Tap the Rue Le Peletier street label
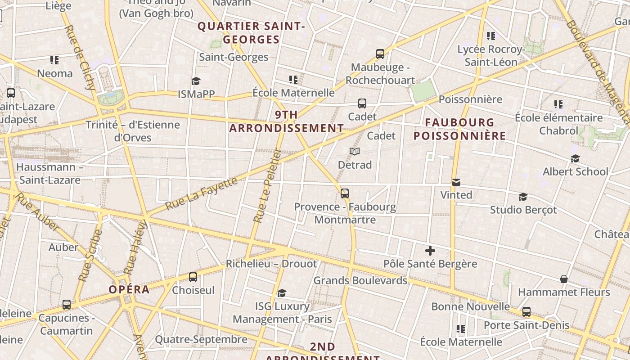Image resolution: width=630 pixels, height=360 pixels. point(267,186)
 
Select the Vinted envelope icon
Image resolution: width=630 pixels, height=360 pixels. point(456,182)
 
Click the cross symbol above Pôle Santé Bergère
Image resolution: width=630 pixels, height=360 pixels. point(430,251)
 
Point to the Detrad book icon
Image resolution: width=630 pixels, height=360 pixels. point(355,152)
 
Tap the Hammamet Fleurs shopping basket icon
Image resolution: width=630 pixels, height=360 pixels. point(564,279)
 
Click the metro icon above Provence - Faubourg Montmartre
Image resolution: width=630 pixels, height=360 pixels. point(345,193)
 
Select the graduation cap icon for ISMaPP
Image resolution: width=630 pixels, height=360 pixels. point(196,81)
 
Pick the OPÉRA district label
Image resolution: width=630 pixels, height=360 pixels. point(129,289)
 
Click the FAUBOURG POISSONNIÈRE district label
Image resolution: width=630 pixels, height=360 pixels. point(459,129)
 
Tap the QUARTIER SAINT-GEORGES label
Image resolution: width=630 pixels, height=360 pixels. point(252,33)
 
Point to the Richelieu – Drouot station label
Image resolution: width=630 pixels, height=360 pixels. point(271,263)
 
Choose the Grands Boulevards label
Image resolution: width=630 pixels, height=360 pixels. point(360,280)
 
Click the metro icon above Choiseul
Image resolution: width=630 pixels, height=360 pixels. point(193,277)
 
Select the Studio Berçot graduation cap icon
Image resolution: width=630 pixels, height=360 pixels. point(523,197)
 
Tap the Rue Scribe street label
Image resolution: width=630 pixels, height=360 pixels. point(90,256)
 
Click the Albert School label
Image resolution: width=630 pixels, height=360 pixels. point(575,171)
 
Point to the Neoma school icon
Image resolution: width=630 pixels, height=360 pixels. point(54,60)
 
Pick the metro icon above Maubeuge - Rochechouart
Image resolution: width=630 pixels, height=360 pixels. point(380,54)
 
